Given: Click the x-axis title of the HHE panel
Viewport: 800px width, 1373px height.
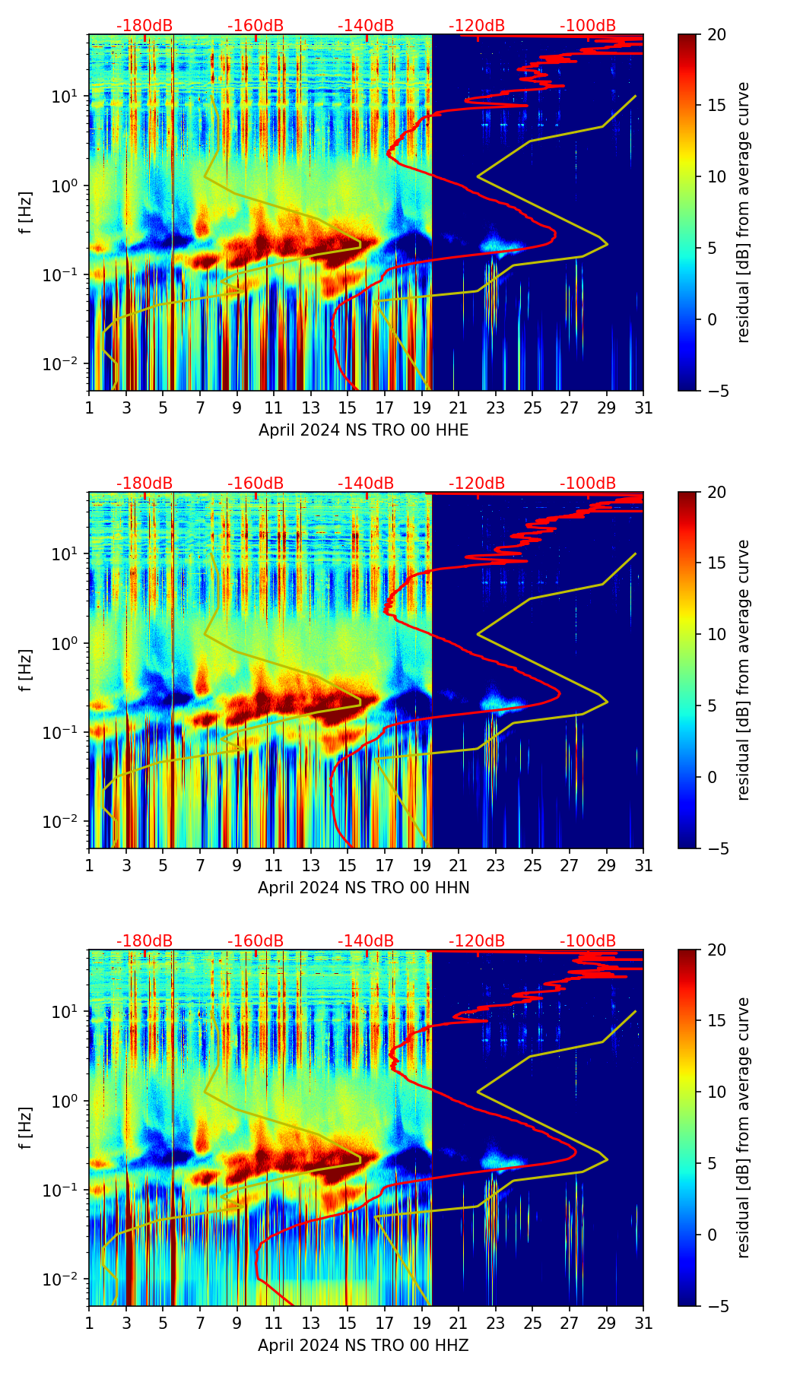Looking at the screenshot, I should click(363, 430).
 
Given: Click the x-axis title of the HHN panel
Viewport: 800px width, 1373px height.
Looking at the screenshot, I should click(363, 888).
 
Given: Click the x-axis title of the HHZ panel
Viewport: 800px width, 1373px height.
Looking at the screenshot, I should click(363, 1346).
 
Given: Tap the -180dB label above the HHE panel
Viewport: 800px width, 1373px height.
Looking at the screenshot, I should click(144, 26).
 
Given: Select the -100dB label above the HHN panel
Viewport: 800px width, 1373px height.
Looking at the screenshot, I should click(588, 484).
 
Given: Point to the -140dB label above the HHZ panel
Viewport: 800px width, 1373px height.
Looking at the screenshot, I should click(366, 941).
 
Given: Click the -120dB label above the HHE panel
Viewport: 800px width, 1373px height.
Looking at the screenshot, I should click(477, 26).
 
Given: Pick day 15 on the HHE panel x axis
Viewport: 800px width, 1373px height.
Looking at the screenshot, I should click(348, 408).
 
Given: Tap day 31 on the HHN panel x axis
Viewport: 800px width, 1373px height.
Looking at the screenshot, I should click(643, 866).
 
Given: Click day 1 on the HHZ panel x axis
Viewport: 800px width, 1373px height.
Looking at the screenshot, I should click(90, 1324).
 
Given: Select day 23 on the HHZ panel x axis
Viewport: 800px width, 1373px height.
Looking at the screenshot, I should click(496, 1324).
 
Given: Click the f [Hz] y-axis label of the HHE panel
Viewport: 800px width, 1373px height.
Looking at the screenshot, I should click(27, 212).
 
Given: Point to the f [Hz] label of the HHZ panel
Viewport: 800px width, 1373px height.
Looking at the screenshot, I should click(27, 1127).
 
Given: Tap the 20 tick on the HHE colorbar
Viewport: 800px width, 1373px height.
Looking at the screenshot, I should click(716, 34).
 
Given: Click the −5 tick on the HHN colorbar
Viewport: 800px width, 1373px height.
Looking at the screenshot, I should click(716, 848).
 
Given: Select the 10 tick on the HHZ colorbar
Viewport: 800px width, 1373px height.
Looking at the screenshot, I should click(716, 1092).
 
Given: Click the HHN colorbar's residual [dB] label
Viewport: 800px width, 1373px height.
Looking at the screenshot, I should click(743, 670).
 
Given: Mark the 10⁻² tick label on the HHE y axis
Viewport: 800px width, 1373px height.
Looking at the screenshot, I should click(67, 364).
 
